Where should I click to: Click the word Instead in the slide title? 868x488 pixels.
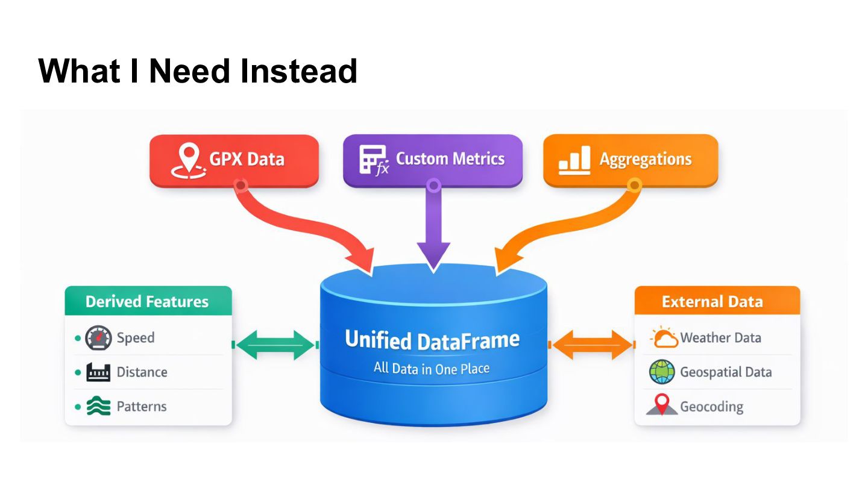click(298, 71)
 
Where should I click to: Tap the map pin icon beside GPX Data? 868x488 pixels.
click(188, 161)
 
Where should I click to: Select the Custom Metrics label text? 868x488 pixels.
click(450, 159)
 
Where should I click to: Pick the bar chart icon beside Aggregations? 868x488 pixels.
click(574, 160)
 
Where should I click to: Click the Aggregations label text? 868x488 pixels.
click(646, 160)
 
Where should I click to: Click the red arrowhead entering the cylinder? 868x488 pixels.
click(361, 261)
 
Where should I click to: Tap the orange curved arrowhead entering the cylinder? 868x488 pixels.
click(508, 261)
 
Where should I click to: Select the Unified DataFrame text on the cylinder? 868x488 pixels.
click(432, 340)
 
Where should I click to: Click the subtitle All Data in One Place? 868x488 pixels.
click(432, 368)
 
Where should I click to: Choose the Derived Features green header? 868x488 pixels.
click(148, 301)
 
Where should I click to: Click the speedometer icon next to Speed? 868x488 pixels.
click(98, 338)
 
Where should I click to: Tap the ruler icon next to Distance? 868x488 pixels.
click(98, 372)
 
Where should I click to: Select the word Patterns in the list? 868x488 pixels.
click(142, 406)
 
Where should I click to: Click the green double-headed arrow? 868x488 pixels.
click(275, 345)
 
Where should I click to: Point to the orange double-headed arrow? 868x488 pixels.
click(592, 345)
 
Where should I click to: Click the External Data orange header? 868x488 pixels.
click(717, 301)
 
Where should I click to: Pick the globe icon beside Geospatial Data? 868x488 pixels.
click(662, 372)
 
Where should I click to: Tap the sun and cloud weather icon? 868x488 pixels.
click(664, 337)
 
